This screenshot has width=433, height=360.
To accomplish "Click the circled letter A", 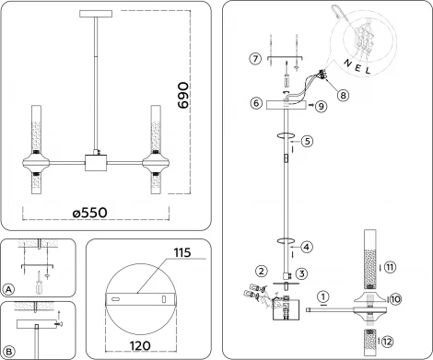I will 8,289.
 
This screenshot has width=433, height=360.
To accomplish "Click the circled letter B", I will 8,352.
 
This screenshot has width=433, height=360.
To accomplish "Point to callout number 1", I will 323,296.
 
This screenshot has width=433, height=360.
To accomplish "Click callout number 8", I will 343,93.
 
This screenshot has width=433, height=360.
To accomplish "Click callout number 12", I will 390,342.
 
